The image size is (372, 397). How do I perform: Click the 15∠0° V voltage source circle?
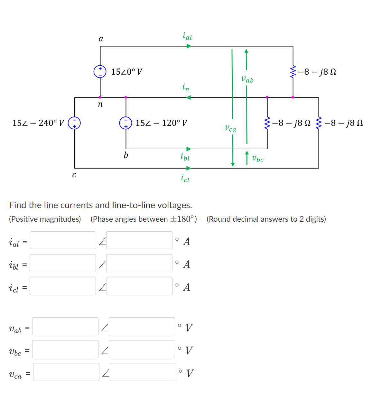tap(100, 71)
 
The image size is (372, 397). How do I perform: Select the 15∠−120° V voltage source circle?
tap(126, 123)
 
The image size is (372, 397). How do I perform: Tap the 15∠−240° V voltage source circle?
tap(74, 123)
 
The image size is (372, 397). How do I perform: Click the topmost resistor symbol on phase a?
tap(293, 72)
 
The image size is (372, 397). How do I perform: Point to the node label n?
tap(100, 104)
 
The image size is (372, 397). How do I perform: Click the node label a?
tap(101, 39)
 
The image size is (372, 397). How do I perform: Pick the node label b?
tap(126, 155)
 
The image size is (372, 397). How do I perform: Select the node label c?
tap(74, 175)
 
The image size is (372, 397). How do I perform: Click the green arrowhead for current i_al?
tap(189, 46)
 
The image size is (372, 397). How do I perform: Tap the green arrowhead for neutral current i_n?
tap(189, 97)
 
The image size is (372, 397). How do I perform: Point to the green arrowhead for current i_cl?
tap(189, 168)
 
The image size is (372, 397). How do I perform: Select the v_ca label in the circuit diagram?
tap(230, 128)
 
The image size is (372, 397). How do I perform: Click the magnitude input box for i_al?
tap(63, 240)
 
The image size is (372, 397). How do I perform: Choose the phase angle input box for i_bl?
tap(139, 263)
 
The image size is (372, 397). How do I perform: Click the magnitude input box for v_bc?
tap(65, 349)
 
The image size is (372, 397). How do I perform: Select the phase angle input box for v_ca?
tap(143, 372)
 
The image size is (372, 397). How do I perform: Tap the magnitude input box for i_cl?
tap(63, 286)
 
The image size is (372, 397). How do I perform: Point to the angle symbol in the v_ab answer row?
tap(105, 328)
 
